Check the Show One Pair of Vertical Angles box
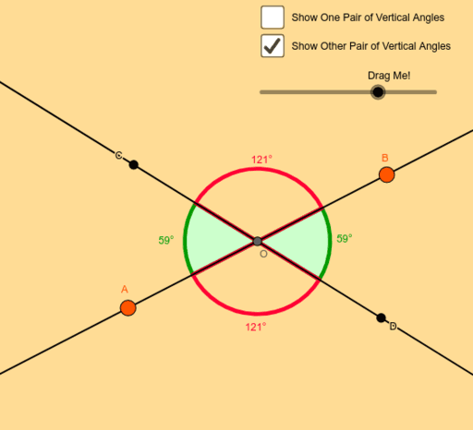(273, 18)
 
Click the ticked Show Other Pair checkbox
(273, 46)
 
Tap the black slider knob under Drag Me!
(378, 92)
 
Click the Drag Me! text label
(389, 76)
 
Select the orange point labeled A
(127, 308)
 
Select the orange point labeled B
(386, 174)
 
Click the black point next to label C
(133, 165)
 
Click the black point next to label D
(381, 318)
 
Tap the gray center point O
(258, 242)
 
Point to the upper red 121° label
(261, 160)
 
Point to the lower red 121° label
(256, 327)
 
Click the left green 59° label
(166, 240)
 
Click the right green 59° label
(345, 239)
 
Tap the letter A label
(125, 290)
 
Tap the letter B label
(385, 158)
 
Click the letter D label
(393, 327)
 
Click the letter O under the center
(263, 254)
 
